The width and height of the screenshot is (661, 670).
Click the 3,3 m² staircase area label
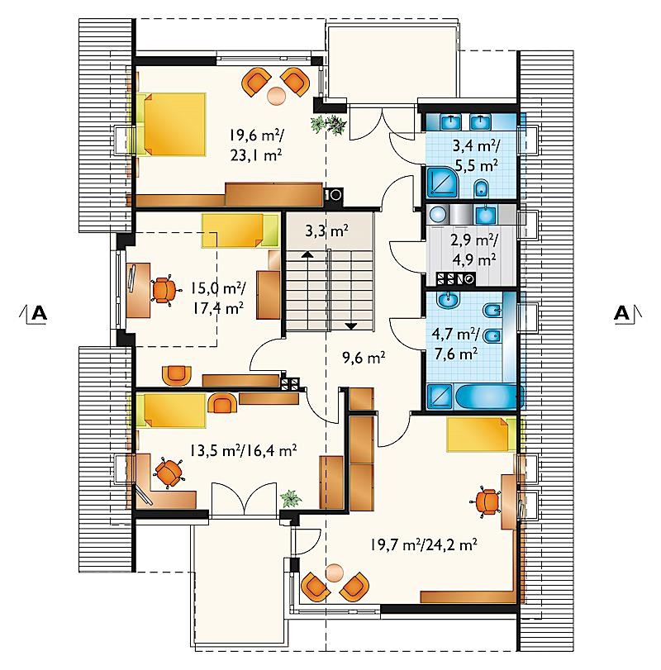[326, 231]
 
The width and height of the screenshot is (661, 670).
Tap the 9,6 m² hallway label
[364, 357]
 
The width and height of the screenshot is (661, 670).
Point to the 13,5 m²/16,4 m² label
[243, 450]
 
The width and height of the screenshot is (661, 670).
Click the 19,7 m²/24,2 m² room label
[424, 544]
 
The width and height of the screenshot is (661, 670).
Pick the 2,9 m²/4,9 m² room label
[473, 249]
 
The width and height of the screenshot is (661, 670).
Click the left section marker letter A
[40, 313]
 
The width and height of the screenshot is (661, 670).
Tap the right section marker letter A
[621, 313]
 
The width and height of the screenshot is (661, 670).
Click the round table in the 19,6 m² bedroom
[276, 94]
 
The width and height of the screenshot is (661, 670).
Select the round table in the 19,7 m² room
[334, 573]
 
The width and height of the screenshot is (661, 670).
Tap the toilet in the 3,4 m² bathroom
[482, 188]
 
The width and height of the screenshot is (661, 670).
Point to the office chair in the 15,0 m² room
[162, 289]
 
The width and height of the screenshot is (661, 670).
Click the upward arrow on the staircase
[306, 254]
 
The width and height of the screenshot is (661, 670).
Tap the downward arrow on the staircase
[351, 326]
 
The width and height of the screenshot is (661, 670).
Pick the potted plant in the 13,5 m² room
[291, 498]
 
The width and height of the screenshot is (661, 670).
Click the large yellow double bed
[170, 125]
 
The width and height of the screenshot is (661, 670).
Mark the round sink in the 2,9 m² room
[438, 214]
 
